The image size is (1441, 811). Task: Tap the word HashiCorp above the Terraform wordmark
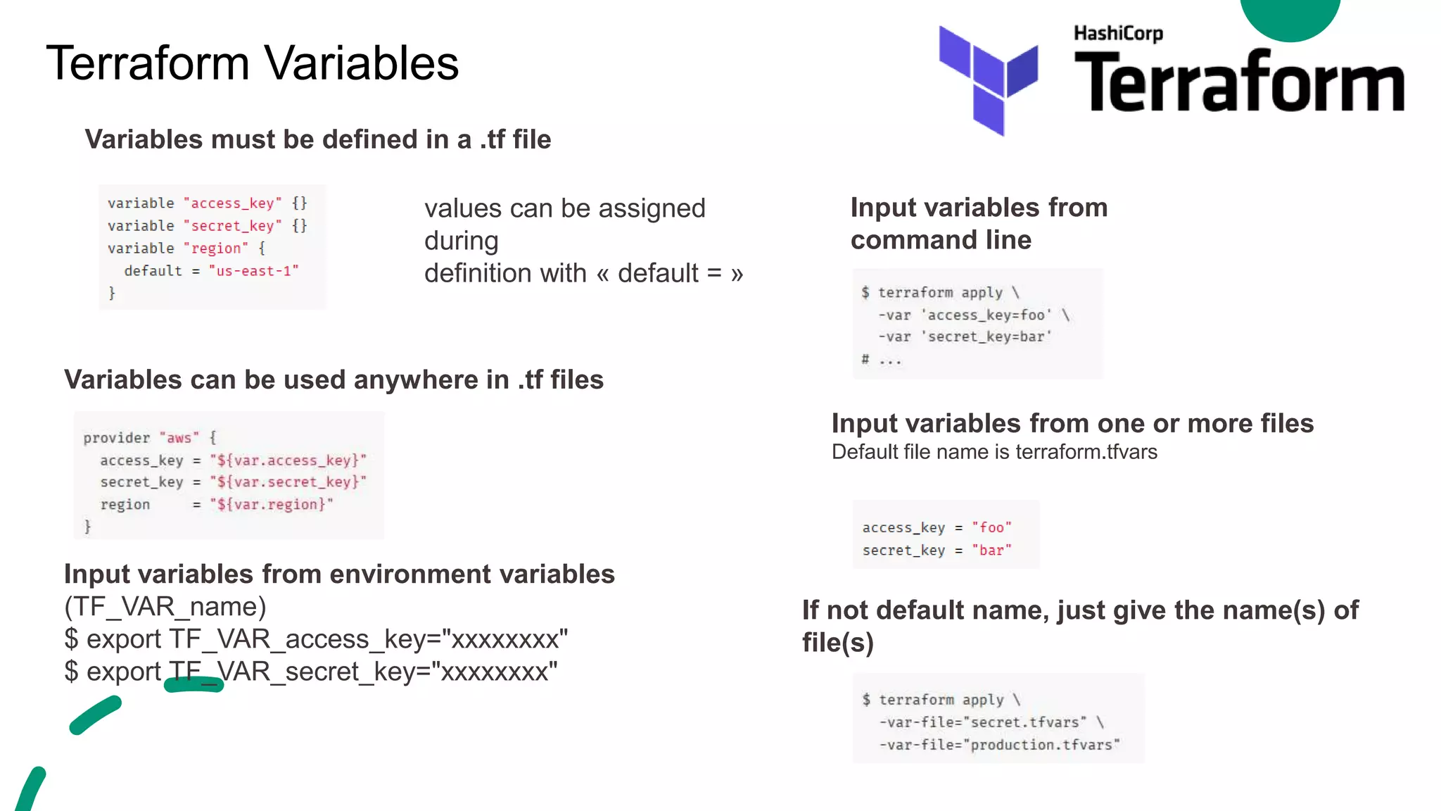(x=1118, y=33)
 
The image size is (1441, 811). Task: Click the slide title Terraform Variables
(x=253, y=63)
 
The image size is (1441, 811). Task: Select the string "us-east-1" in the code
(x=254, y=271)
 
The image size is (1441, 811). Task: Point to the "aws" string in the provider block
(x=179, y=438)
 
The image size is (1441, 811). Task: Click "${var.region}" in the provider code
(x=272, y=505)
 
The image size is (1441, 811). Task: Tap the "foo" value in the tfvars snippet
(x=991, y=528)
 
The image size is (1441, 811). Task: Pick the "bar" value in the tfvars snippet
(x=991, y=551)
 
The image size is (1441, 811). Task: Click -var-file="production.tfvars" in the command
(x=999, y=745)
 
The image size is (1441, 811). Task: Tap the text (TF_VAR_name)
(x=165, y=607)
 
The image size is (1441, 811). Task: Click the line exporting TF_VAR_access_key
(x=316, y=639)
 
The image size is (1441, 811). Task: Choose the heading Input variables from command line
(x=979, y=224)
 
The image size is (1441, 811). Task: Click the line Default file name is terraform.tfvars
(x=994, y=452)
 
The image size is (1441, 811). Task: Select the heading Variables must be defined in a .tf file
(x=318, y=139)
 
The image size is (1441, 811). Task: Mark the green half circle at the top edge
(x=1290, y=18)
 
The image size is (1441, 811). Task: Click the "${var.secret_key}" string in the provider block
(x=288, y=482)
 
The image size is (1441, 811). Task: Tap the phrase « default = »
(x=669, y=273)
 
